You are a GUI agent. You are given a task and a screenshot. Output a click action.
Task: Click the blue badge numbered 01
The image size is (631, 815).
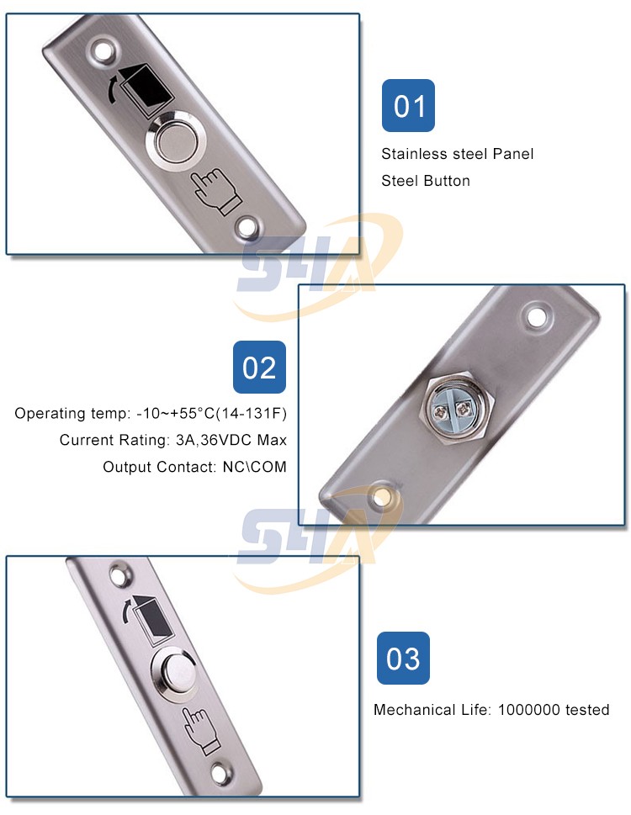pyautogui.click(x=408, y=106)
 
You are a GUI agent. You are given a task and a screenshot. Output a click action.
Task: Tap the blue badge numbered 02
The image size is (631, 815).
pyautogui.click(x=259, y=368)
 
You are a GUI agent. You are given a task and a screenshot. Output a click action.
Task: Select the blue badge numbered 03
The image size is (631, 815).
pyautogui.click(x=403, y=658)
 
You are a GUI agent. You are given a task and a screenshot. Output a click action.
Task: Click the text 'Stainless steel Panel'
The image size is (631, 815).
pyautogui.click(x=457, y=154)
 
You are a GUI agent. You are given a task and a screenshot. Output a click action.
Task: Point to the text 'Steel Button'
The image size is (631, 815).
pyautogui.click(x=425, y=181)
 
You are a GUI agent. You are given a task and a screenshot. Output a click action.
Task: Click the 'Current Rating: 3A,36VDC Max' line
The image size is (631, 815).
pyautogui.click(x=173, y=440)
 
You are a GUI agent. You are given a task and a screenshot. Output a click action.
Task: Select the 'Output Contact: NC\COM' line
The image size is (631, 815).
pyautogui.click(x=194, y=467)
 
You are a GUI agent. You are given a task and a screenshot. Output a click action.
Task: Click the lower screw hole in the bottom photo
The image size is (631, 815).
pyautogui.click(x=222, y=771)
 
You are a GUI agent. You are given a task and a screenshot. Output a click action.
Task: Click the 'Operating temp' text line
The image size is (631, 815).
pyautogui.click(x=151, y=414)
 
